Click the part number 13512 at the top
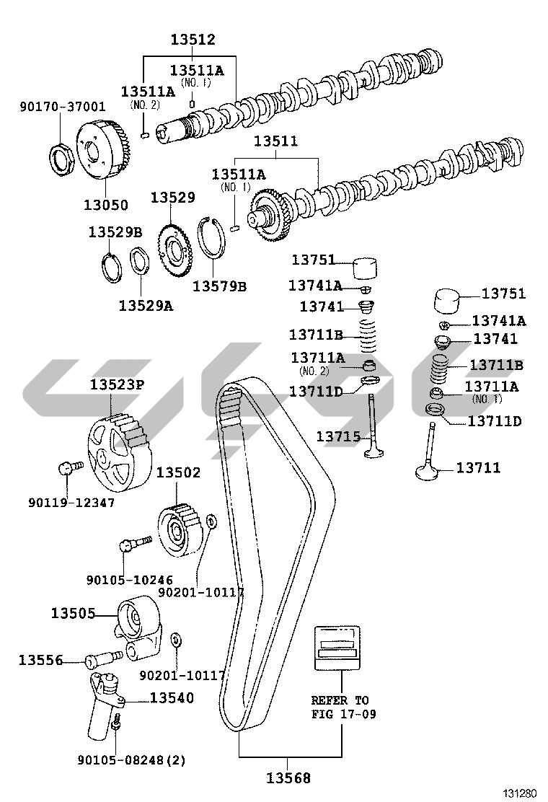click(x=193, y=40)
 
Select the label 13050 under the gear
click(x=106, y=205)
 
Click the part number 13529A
click(x=146, y=306)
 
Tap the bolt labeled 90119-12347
click(x=70, y=468)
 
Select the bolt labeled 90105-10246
click(x=136, y=543)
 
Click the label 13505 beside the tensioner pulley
click(x=73, y=613)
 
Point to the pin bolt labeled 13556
click(x=103, y=658)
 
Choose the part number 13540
click(x=172, y=697)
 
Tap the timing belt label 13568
click(x=288, y=778)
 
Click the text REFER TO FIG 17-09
click(x=343, y=707)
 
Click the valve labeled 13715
click(x=374, y=426)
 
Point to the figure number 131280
click(x=520, y=793)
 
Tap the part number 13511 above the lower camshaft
click(x=276, y=141)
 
